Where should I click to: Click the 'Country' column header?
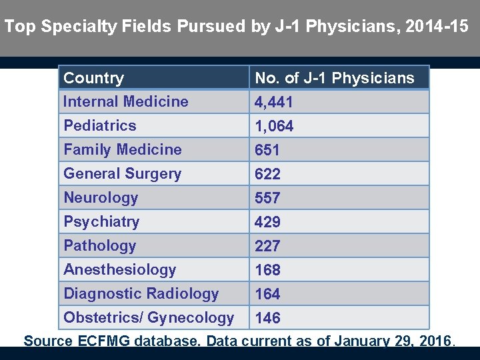(x=94, y=78)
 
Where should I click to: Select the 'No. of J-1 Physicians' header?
(x=335, y=78)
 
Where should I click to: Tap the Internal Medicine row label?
(x=126, y=102)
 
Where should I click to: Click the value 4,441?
(x=274, y=103)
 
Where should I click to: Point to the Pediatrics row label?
(x=100, y=126)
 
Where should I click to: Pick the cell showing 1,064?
(x=274, y=127)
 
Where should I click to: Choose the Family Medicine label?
(x=123, y=150)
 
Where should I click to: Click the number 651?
(x=267, y=151)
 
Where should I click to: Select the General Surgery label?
(x=123, y=174)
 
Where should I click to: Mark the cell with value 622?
(x=268, y=175)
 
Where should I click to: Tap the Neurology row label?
(x=101, y=198)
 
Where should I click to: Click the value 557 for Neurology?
(x=268, y=199)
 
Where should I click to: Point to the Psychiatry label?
(x=101, y=222)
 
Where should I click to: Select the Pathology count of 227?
(x=268, y=247)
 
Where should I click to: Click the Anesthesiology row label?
(x=120, y=270)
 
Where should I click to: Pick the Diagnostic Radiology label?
(x=141, y=294)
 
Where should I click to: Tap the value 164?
(x=268, y=295)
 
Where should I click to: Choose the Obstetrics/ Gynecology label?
(x=149, y=318)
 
